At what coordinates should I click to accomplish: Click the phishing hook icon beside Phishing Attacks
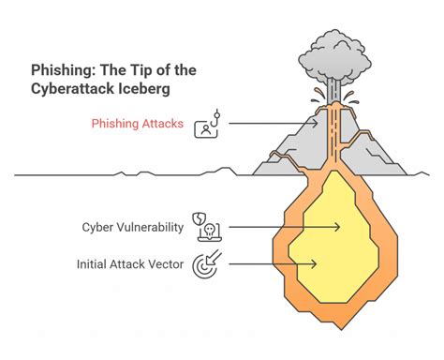[x=207, y=126]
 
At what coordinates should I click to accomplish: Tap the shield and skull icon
[x=205, y=226]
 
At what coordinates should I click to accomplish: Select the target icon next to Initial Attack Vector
[x=205, y=264]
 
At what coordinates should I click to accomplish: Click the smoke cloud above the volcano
[x=338, y=58]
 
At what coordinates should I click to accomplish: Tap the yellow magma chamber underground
[x=337, y=234]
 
